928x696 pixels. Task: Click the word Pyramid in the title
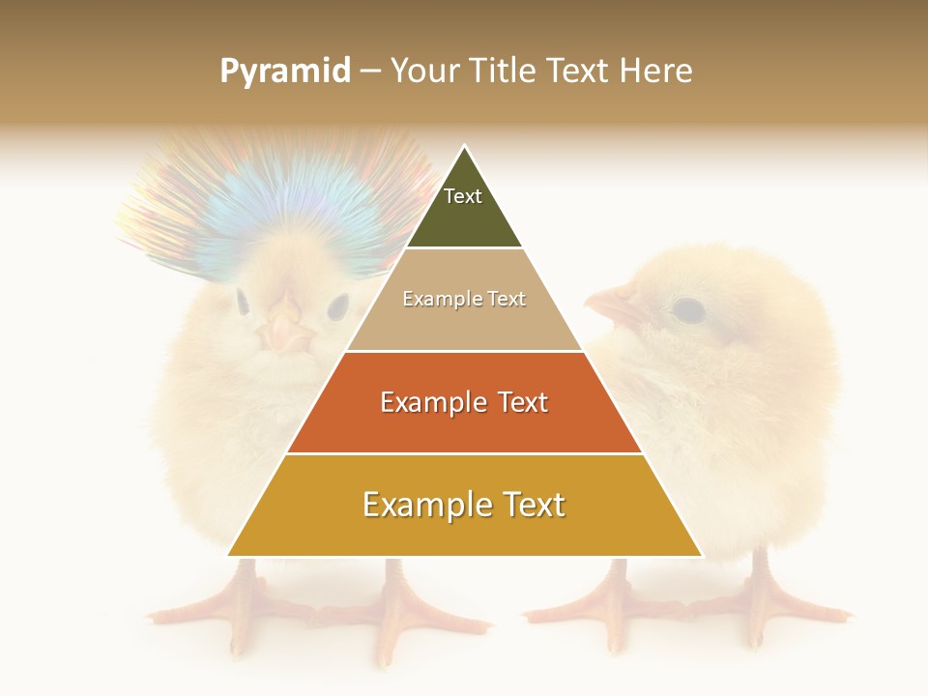tap(284, 72)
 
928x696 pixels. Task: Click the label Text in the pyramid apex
tap(463, 196)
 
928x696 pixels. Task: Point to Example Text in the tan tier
tap(464, 299)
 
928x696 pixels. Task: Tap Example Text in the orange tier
tap(464, 402)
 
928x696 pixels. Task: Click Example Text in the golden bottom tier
tap(464, 505)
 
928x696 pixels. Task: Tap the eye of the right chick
tap(687, 309)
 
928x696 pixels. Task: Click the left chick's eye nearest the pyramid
tap(337, 307)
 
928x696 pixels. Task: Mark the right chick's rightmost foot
tap(773, 609)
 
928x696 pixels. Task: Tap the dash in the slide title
tap(370, 72)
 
